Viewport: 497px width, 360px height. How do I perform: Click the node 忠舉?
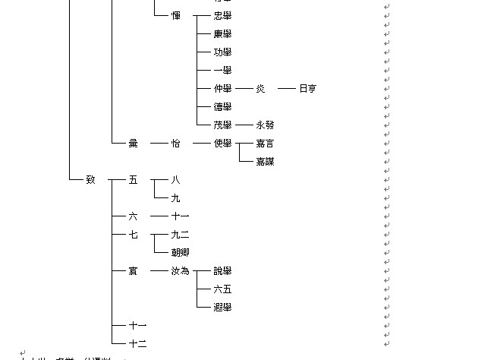222,15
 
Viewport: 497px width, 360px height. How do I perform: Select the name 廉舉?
222,33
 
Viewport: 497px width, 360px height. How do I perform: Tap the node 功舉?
222,52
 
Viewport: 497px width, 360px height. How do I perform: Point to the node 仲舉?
222,88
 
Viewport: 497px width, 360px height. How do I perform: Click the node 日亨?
307,88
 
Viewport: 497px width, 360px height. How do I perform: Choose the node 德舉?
222,106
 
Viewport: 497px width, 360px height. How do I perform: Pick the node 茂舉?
222,125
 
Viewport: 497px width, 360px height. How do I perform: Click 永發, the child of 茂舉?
265,125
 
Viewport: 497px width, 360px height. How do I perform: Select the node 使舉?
222,143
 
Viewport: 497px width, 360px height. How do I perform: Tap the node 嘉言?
265,143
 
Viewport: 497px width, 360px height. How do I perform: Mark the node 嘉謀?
265,161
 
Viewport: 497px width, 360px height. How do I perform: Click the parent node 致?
90,179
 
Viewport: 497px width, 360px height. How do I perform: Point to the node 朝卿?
180,252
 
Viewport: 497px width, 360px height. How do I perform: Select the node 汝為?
180,270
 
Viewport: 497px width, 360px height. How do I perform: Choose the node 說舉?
222,270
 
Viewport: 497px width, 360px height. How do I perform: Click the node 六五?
222,289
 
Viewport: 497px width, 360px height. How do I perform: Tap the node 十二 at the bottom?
137,343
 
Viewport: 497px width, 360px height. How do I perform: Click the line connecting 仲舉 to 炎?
244,88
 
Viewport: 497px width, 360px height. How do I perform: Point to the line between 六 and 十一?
158,216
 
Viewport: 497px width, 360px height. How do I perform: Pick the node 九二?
180,234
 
